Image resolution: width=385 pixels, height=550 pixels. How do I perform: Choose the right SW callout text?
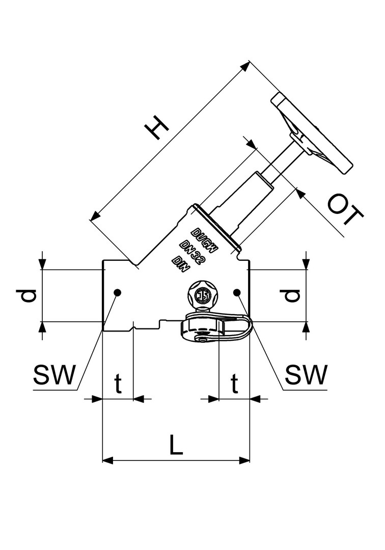point(305,376)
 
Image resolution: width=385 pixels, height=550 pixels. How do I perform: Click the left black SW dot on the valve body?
point(118,292)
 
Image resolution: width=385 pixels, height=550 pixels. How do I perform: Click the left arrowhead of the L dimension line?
point(107,461)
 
